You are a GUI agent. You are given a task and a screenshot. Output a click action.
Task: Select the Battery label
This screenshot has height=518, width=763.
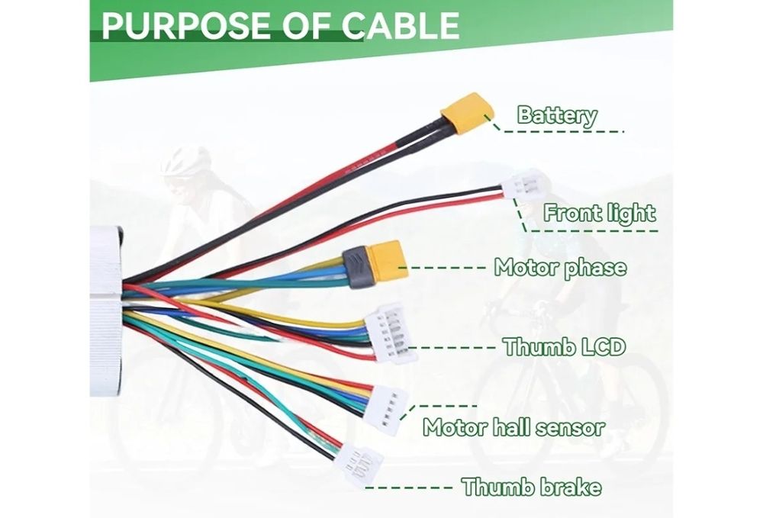557,115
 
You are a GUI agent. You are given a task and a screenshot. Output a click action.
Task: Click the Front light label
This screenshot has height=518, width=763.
600,213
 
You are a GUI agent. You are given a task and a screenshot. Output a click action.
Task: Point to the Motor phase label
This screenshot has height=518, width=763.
561,268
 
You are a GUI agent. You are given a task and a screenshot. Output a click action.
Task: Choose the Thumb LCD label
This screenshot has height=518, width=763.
565,347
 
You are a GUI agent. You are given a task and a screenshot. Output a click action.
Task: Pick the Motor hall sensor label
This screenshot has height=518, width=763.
513,427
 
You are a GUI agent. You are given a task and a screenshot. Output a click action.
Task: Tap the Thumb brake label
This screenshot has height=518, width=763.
531,487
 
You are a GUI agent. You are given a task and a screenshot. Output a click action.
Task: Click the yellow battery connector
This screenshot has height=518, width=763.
467,114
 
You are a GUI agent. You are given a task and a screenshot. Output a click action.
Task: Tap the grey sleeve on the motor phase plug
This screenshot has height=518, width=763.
356,268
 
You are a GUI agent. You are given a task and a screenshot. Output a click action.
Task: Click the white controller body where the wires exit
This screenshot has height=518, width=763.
105,311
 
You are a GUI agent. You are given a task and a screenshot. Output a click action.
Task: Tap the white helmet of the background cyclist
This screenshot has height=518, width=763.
185,160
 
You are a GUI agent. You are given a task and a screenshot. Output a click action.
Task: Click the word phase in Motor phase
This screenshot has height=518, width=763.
594,269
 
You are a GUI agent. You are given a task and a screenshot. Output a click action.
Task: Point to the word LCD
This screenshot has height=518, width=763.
604,347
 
